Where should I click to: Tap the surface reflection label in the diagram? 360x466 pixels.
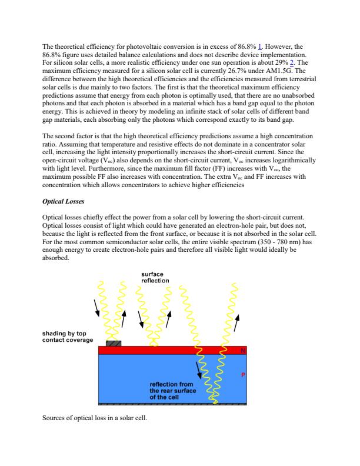tap(156, 277)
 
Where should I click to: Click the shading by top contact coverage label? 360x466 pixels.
tap(67, 337)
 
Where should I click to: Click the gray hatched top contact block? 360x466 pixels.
tap(114, 343)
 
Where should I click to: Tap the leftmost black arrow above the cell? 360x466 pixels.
tap(96, 307)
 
